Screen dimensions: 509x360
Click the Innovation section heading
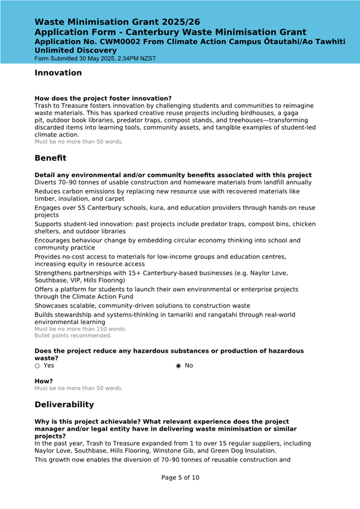(x=58, y=73)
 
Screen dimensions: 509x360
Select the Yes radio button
(x=37, y=366)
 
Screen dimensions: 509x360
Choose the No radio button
(x=178, y=366)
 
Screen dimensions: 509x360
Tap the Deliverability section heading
(x=64, y=405)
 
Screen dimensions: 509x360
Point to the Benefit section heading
(x=51, y=158)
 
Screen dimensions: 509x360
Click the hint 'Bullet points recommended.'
(x=73, y=336)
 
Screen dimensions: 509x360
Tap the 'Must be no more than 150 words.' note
(x=81, y=329)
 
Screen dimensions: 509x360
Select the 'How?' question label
(x=44, y=381)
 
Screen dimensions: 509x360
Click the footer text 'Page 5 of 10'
(x=180, y=478)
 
